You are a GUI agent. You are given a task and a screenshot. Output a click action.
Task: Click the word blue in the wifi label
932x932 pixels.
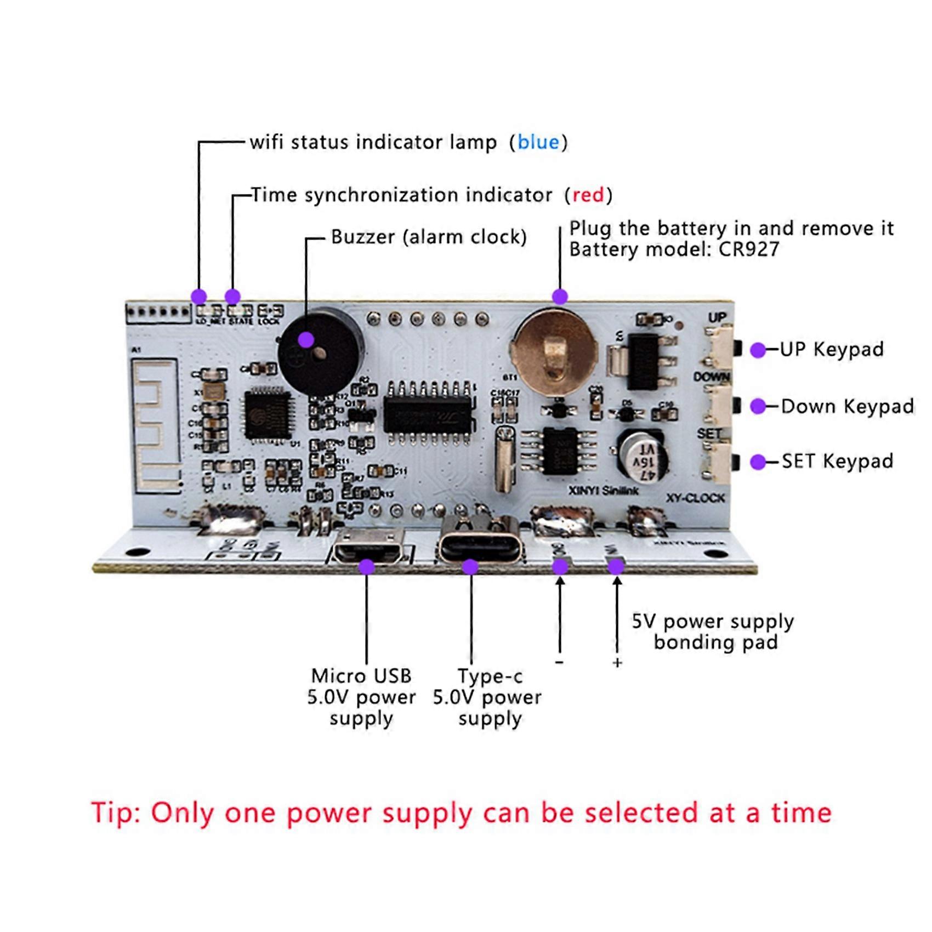tap(538, 143)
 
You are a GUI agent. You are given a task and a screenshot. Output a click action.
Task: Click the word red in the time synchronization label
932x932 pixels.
tap(588, 195)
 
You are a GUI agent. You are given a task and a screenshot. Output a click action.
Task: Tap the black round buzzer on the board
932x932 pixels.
tap(321, 351)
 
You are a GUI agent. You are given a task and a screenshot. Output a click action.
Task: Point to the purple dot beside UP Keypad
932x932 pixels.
tap(758, 350)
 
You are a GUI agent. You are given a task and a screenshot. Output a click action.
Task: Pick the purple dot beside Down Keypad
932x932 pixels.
tap(758, 406)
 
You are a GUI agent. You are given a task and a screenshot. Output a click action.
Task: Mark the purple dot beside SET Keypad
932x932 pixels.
tap(758, 462)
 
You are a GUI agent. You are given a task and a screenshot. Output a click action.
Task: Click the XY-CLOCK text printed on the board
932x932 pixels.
tap(695, 498)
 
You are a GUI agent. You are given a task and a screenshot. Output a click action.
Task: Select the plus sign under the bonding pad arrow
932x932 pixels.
tap(617, 663)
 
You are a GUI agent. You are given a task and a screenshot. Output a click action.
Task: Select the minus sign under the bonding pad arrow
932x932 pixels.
tap(559, 663)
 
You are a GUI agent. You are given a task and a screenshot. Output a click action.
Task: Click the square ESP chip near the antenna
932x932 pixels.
tap(268, 416)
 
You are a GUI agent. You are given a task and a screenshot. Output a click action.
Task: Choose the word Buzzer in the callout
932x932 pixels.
tap(362, 237)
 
